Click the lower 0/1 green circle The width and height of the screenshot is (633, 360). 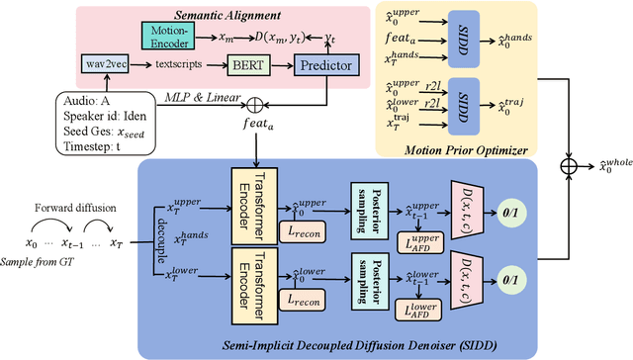pos(541,280)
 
